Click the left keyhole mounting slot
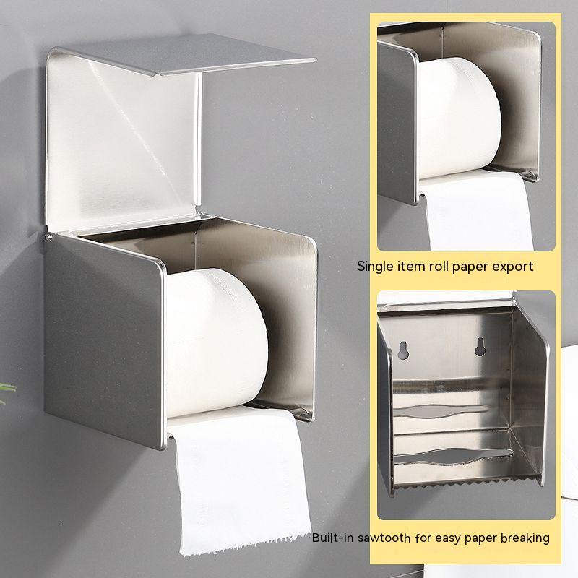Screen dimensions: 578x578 pos(403,350)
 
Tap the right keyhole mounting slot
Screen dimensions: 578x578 pos(480,347)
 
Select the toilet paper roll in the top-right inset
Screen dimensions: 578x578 pos(459,118)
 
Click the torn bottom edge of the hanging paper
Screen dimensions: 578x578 pos(245,545)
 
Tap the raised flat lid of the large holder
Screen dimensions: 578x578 pos(184,53)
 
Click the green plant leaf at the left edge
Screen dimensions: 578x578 pos(7,391)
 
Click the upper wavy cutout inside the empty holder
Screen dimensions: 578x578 pos(441,410)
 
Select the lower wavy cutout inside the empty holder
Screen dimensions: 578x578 pos(454,456)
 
